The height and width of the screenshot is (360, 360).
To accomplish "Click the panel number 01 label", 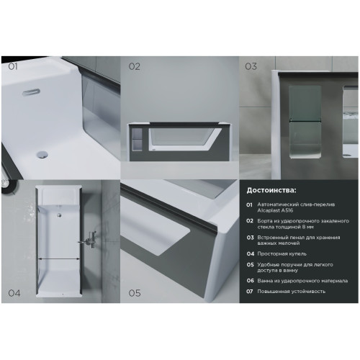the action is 13,66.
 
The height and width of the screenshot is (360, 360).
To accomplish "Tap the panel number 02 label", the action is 134,66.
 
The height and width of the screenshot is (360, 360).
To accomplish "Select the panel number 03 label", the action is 251,66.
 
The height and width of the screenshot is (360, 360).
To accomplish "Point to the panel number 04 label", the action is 14,293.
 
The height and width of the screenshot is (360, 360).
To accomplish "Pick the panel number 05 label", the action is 135,293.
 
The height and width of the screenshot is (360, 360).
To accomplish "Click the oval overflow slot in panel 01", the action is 31,92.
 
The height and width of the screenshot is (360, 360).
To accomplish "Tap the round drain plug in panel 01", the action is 42,154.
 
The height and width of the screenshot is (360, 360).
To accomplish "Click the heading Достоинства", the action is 271,190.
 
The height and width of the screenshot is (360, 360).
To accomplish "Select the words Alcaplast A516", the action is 275,210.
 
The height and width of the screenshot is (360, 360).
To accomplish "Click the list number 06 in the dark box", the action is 250,281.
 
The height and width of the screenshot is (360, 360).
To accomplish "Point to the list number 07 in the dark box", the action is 250,292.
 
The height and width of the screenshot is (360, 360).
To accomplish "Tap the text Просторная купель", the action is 282,254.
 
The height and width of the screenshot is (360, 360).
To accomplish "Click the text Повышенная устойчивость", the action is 292,292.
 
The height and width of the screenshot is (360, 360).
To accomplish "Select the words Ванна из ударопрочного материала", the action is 302,281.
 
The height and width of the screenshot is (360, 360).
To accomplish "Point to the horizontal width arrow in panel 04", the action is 59,258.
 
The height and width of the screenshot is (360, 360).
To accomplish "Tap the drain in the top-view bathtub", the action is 59,215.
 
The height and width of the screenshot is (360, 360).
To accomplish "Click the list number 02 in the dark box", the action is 250,221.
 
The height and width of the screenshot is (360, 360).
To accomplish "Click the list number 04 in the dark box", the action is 251,254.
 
